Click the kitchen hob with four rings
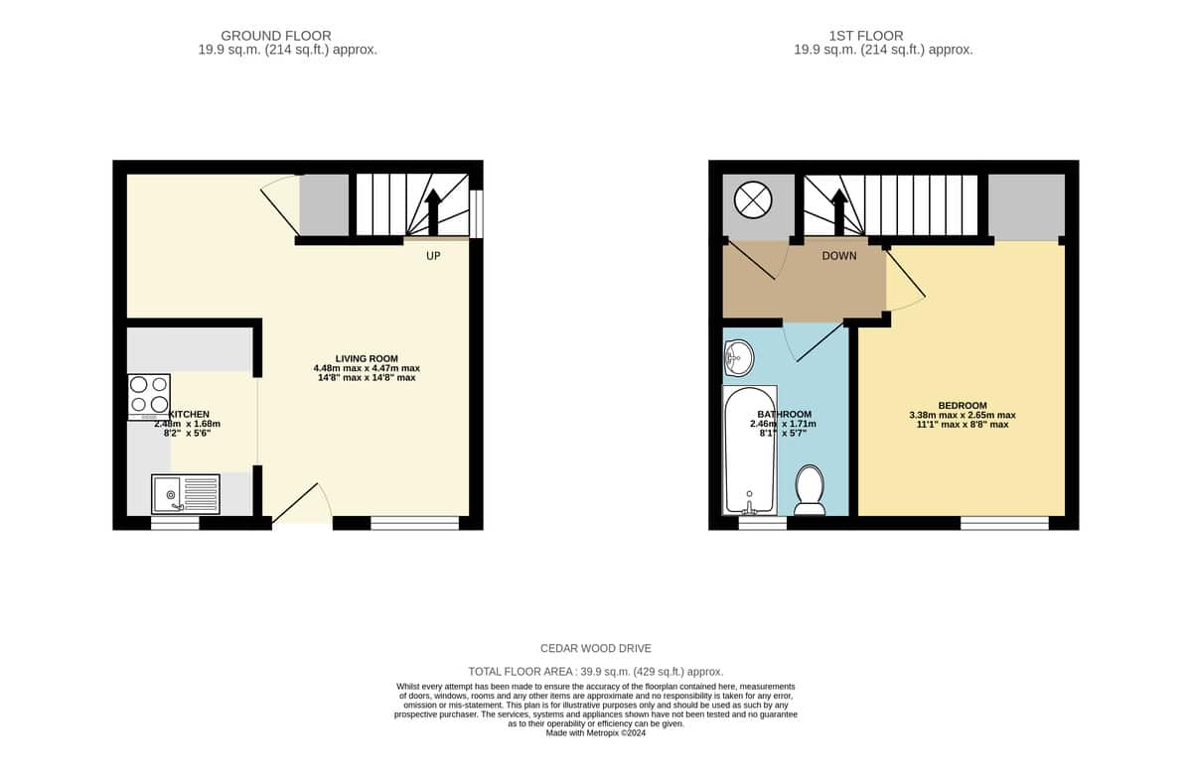pyautogui.click(x=149, y=397)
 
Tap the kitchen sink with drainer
pyautogui.click(x=186, y=494)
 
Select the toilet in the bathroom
pyautogui.click(x=810, y=490)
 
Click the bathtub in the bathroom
pyautogui.click(x=750, y=451)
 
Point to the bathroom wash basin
pyautogui.click(x=739, y=358)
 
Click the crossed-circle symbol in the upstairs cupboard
pyautogui.click(x=753, y=199)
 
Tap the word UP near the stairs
pyautogui.click(x=433, y=256)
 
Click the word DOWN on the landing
pyautogui.click(x=839, y=256)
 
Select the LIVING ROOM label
pyautogui.click(x=367, y=359)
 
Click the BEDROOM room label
pyautogui.click(x=963, y=406)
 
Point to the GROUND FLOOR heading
pyautogui.click(x=276, y=36)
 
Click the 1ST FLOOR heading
pyautogui.click(x=866, y=36)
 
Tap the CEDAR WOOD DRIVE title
pyautogui.click(x=595, y=649)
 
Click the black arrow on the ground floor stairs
pyautogui.click(x=433, y=211)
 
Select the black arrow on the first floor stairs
pyautogui.click(x=839, y=211)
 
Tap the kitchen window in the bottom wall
pyautogui.click(x=175, y=523)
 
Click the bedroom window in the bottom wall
pyautogui.click(x=1004, y=523)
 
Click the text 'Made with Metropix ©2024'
pyautogui.click(x=595, y=733)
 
